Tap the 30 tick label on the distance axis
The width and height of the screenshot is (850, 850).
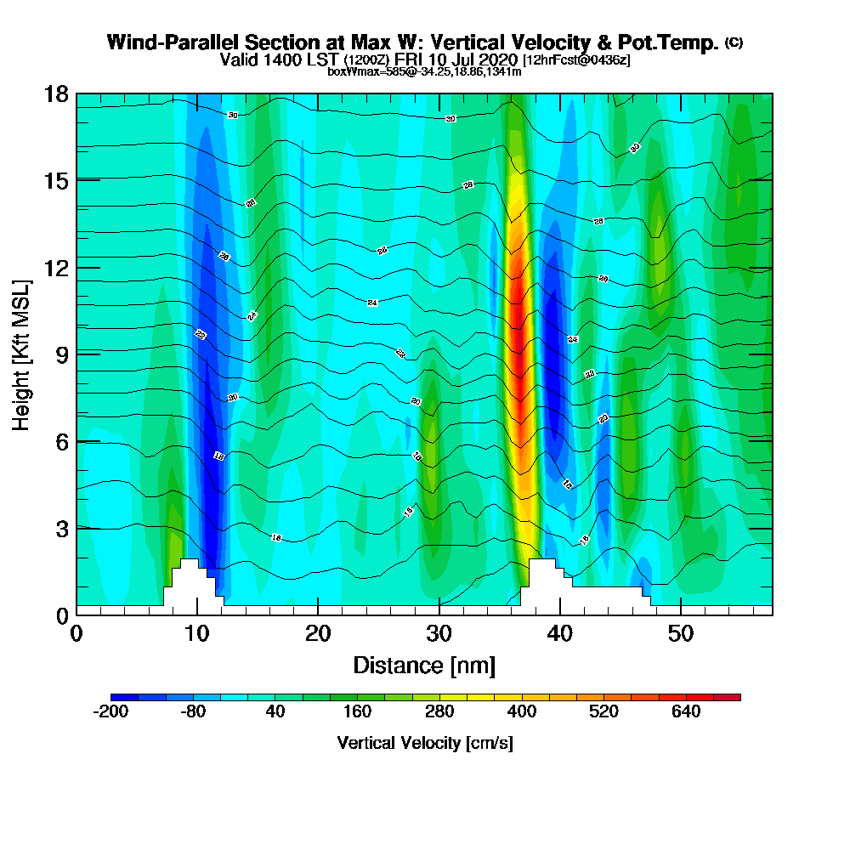pos(439,633)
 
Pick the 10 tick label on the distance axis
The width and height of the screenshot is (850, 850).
pos(197,633)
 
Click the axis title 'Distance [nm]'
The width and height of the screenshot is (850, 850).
pos(424,665)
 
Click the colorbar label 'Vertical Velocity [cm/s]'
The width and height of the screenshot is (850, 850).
pos(425,743)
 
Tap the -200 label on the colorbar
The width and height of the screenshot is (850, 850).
pos(110,711)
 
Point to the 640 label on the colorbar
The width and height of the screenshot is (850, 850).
pos(686,711)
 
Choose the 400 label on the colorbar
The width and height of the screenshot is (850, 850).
pos(521,711)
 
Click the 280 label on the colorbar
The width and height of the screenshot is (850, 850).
pos(439,711)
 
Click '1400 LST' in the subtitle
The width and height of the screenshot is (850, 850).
pos(305,59)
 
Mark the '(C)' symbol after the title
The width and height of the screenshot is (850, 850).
pos(734,42)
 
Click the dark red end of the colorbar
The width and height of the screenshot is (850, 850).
pos(733,697)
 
